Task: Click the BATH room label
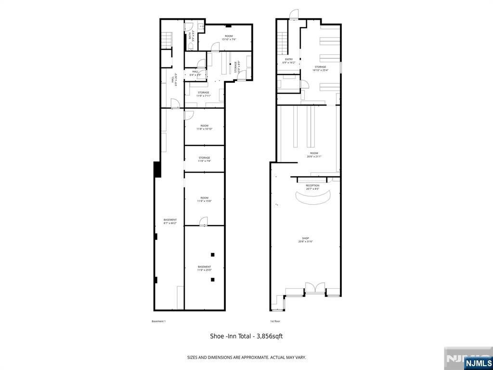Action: [192, 36]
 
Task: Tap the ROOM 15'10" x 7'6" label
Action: [229, 38]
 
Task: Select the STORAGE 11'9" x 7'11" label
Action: [203, 94]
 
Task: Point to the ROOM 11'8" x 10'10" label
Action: [204, 127]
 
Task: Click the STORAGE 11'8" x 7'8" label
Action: [204, 159]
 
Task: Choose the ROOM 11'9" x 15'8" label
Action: [204, 199]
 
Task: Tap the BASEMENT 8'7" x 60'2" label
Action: [170, 221]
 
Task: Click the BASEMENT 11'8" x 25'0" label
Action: [204, 268]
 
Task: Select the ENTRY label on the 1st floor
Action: [289, 61]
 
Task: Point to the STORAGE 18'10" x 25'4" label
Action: [320, 68]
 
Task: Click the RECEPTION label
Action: [312, 187]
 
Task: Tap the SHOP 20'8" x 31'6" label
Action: [305, 240]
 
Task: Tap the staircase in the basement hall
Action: [166, 40]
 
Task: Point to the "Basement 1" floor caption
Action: [158, 321]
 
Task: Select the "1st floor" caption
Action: [275, 321]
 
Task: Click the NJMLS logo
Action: [478, 363]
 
